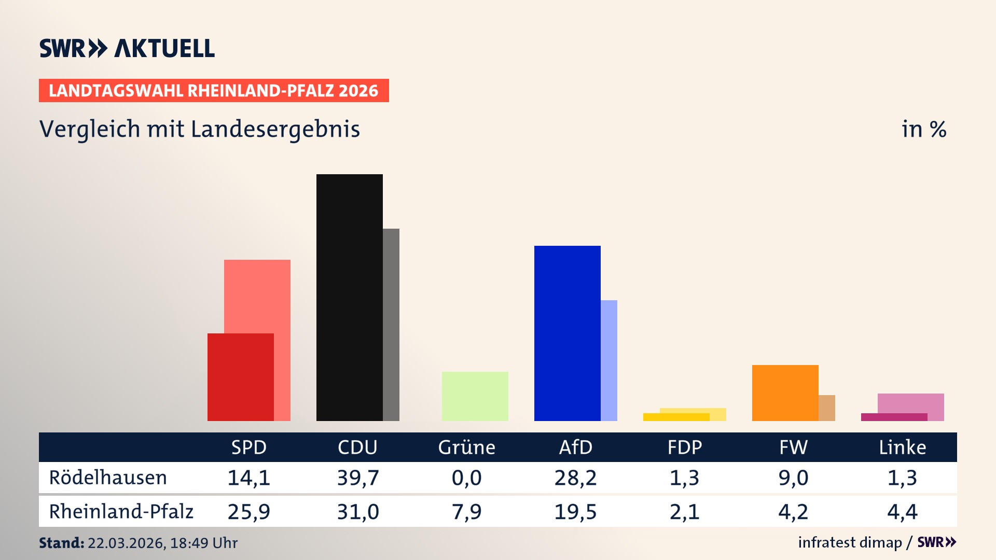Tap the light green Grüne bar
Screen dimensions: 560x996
click(475, 396)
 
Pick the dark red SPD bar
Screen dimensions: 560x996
click(240, 377)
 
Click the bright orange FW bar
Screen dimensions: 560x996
click(785, 393)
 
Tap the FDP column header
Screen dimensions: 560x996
click(684, 447)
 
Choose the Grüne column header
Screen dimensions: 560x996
click(466, 447)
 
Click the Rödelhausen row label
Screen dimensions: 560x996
click(108, 478)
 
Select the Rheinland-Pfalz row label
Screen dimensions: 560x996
click(121, 511)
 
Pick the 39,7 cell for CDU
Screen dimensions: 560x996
click(358, 478)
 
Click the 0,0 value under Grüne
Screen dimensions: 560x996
click(466, 478)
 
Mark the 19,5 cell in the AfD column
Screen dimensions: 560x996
click(575, 512)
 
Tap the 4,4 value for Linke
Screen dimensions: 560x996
click(902, 512)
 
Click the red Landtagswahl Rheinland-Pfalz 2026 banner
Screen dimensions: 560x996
click(213, 90)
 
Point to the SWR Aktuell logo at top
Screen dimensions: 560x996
click(127, 48)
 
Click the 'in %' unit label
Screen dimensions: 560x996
click(923, 129)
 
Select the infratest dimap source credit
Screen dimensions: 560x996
click(850, 542)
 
